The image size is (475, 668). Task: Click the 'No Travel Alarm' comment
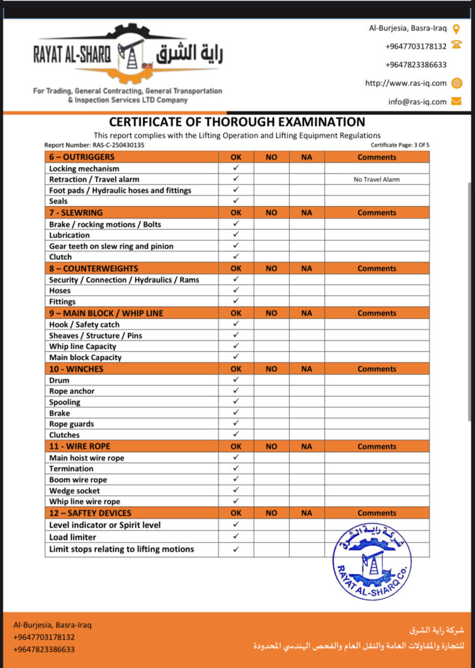click(376, 179)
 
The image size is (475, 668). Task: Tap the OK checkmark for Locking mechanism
click(236, 168)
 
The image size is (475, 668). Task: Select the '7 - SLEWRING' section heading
click(76, 213)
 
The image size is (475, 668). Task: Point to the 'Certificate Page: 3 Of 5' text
click(400, 145)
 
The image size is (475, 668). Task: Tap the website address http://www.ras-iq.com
click(405, 83)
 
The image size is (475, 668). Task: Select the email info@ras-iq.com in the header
click(417, 101)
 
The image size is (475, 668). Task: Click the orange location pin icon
click(456, 29)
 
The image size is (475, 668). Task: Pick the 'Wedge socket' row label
click(74, 491)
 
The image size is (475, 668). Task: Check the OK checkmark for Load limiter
click(236, 537)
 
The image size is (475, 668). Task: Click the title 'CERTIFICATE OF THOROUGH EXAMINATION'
click(237, 122)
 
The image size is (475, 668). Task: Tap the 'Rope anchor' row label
click(72, 391)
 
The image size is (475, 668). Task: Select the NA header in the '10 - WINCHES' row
click(307, 369)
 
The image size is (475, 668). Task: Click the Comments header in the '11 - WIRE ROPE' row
click(376, 447)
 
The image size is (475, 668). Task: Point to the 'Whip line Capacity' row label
click(83, 346)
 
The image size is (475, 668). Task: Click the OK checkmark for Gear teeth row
click(236, 246)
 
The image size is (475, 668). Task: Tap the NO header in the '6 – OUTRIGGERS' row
click(271, 157)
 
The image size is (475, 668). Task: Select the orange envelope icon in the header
click(456, 101)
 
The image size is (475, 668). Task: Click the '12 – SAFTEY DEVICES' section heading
click(90, 513)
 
